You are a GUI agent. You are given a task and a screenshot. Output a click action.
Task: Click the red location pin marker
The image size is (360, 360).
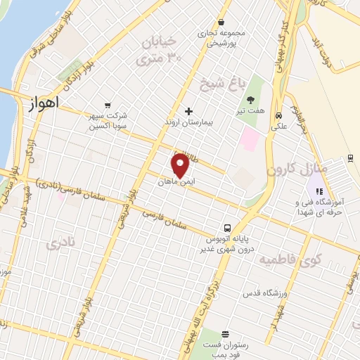pyautogui.click(x=180, y=165)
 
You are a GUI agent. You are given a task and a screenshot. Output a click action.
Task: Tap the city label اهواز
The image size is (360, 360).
pyautogui.click(x=44, y=103)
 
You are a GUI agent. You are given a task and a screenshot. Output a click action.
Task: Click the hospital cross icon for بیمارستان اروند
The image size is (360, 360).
pyautogui.click(x=188, y=110)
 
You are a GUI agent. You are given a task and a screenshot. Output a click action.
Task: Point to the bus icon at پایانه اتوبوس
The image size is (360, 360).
pyautogui.click(x=227, y=229)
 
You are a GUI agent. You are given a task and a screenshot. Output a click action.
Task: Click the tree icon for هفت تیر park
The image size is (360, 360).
pyautogui.click(x=250, y=100)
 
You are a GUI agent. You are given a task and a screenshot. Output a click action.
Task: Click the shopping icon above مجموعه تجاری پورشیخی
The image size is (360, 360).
pyautogui.click(x=221, y=21)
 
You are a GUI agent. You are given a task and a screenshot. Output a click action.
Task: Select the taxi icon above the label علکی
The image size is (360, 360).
pyautogui.click(x=279, y=115)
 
